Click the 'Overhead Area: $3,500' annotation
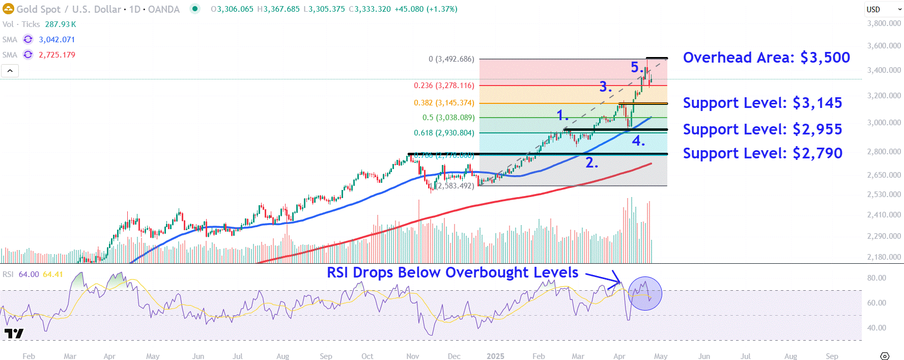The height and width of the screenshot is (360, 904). [766, 58]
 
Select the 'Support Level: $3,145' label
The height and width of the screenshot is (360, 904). [762, 103]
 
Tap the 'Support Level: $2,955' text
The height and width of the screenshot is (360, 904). [762, 129]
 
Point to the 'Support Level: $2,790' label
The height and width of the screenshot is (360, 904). [762, 153]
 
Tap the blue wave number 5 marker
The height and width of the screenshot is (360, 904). [636, 67]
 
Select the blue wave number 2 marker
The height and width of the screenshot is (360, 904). [591, 163]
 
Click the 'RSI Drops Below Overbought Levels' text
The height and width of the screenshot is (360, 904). [452, 272]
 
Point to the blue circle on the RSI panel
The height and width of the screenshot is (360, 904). [645, 293]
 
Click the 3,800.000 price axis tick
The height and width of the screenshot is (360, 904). [884, 23]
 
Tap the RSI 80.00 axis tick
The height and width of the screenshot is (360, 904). [877, 278]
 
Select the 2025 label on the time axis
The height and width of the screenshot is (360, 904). [495, 356]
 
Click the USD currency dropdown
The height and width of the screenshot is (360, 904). [884, 9]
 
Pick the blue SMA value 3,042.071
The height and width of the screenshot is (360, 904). [57, 40]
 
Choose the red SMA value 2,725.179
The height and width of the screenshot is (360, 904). [57, 55]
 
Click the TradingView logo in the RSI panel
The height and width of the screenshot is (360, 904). [14, 334]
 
